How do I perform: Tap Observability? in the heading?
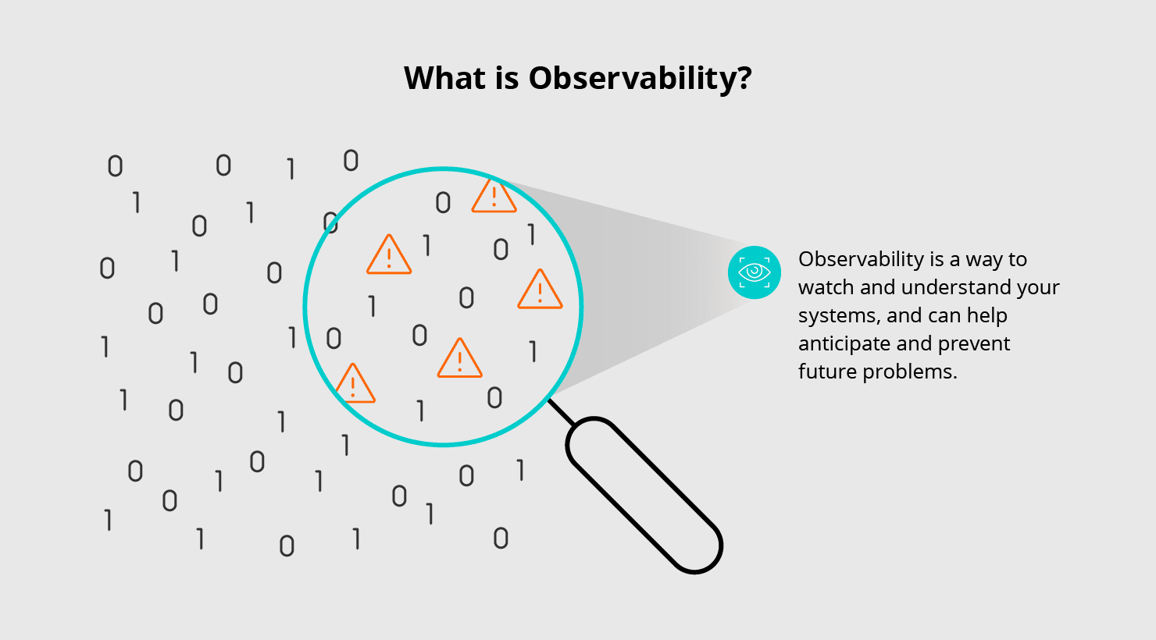click(640, 79)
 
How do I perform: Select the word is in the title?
click(505, 78)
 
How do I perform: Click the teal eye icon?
click(754, 272)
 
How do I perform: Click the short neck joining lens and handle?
click(561, 412)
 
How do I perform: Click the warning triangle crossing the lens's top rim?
click(494, 197)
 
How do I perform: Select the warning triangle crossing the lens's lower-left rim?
click(354, 385)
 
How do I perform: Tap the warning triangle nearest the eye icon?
click(540, 291)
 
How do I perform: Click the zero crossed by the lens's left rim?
click(331, 222)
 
